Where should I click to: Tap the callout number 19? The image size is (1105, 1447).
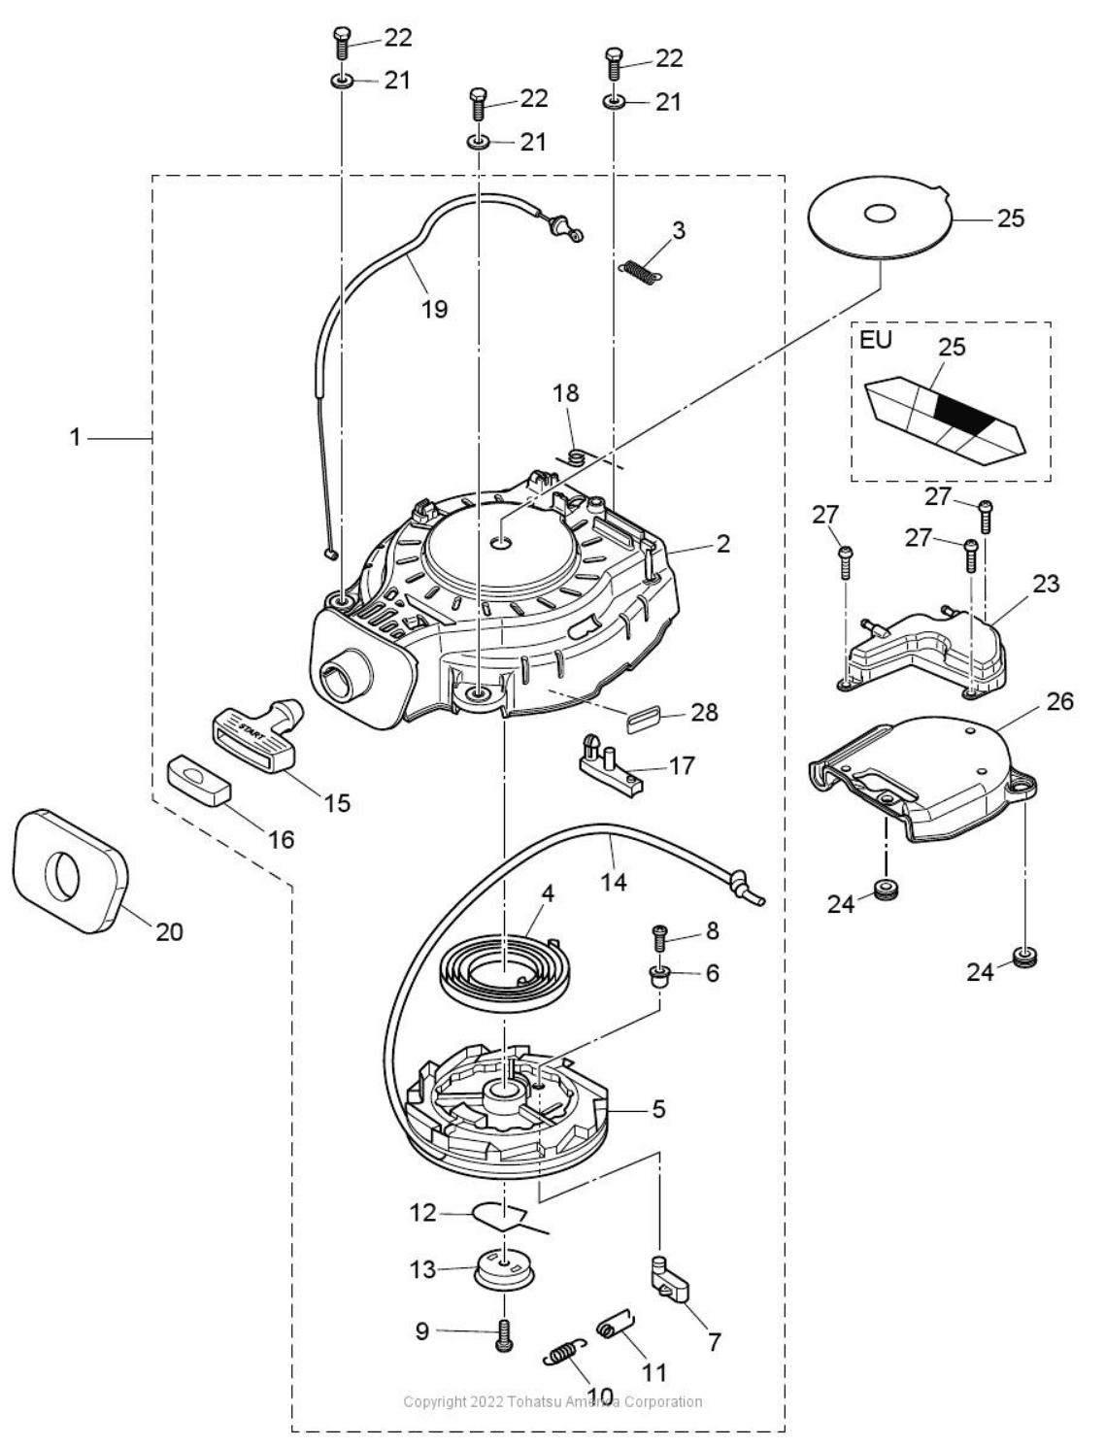(434, 308)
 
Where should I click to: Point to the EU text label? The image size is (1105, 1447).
(876, 340)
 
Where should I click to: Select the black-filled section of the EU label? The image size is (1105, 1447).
(964, 414)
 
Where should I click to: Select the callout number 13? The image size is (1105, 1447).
(422, 1269)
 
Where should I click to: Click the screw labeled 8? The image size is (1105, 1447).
(660, 936)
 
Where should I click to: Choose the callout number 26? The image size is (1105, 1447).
(1059, 703)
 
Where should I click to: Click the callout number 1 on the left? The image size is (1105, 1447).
(75, 437)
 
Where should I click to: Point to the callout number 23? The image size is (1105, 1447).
(1046, 585)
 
